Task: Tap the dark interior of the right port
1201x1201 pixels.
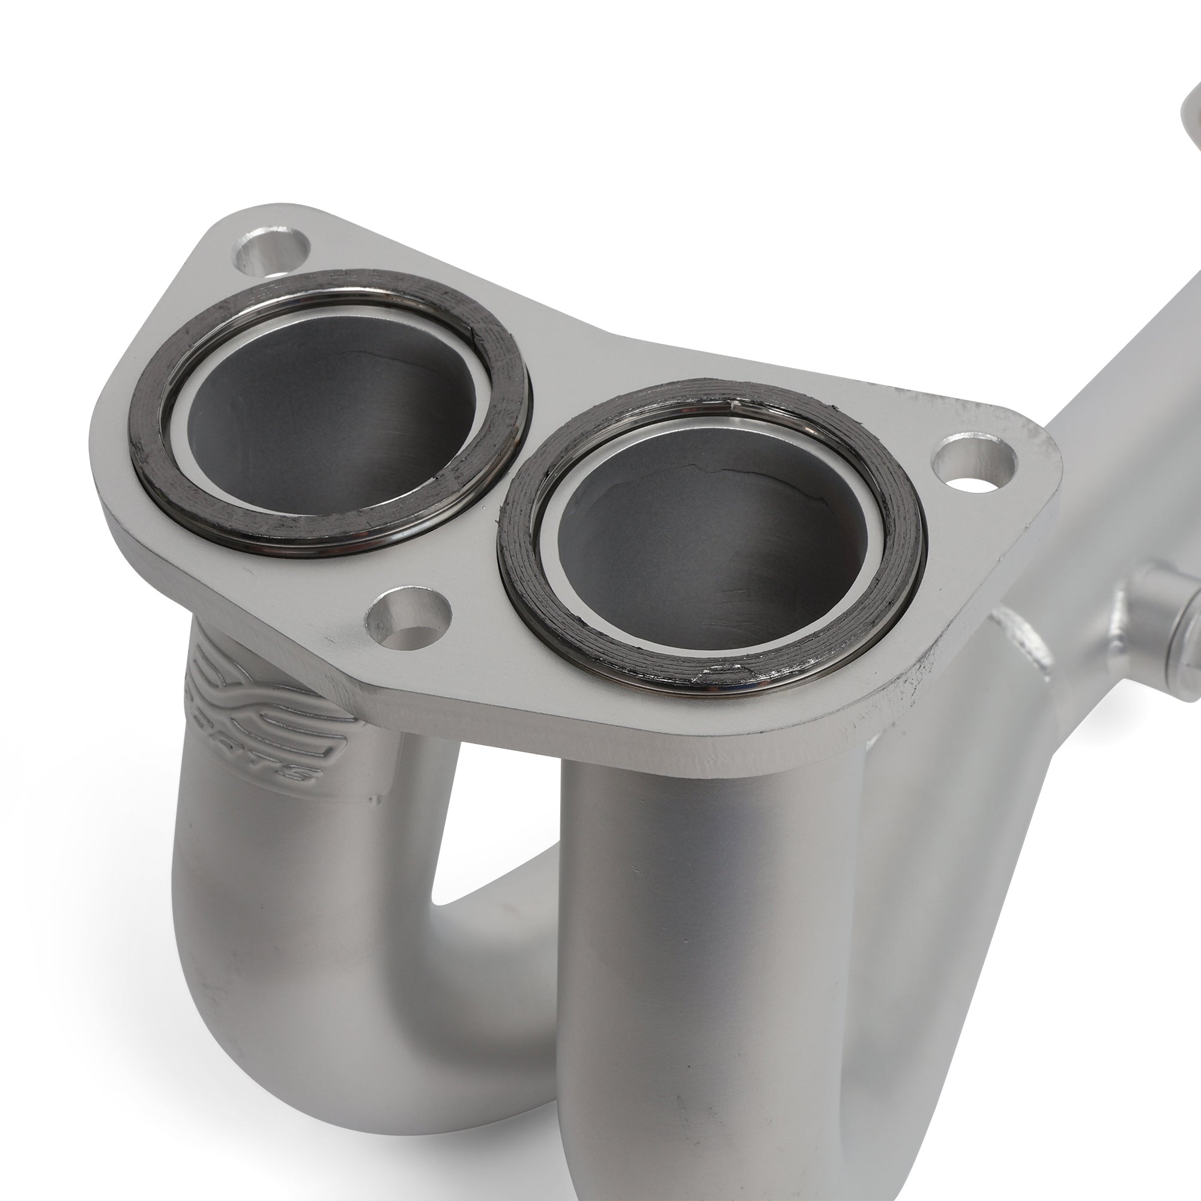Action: (709, 547)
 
